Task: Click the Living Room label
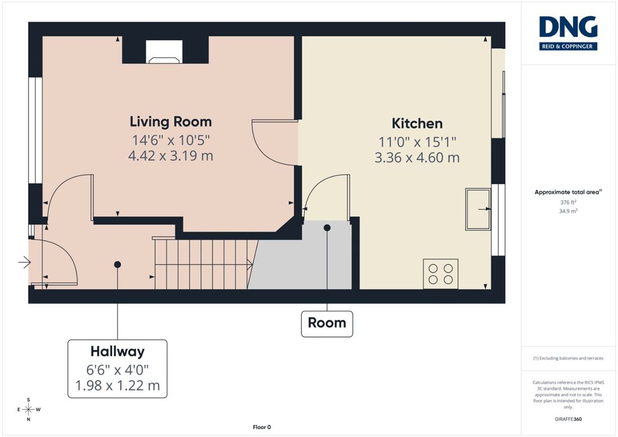pos(171,122)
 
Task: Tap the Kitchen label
pos(417,123)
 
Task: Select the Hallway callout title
pos(117,351)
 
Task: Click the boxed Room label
pos(326,323)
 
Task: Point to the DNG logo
pos(568,33)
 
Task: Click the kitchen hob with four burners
pos(440,274)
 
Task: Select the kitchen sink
pos(478,209)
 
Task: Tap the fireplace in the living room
pos(164,52)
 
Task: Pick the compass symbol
pos(29,410)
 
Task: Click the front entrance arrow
pos(24,262)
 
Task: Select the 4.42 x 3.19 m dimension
pos(171,156)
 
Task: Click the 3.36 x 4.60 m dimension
pos(417,158)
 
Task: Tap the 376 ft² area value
pos(568,202)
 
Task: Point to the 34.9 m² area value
pos(568,211)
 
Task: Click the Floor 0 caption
pos(262,427)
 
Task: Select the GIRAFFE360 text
pos(568,419)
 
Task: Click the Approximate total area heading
pos(568,192)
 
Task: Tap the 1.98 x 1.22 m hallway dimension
pos(117,385)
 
